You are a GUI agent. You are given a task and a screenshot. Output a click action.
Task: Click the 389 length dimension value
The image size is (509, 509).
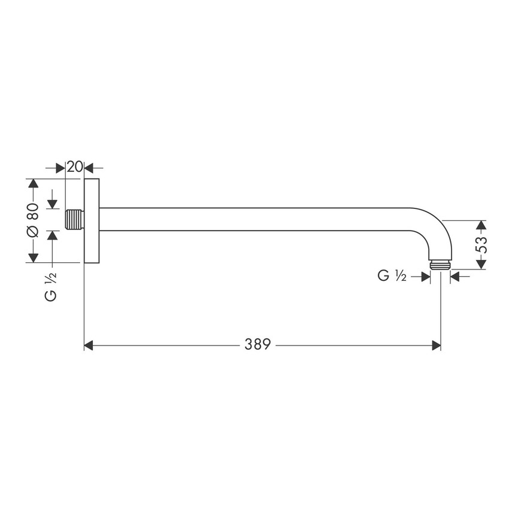coord(257,345)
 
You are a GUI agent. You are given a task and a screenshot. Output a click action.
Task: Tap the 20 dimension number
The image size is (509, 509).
coord(74,167)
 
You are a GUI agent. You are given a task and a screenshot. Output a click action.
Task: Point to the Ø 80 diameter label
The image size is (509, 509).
coord(33,220)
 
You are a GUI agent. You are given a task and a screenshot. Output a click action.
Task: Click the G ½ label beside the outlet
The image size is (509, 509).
coord(392,276)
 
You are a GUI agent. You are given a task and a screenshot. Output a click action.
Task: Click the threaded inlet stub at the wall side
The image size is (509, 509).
coord(74,219)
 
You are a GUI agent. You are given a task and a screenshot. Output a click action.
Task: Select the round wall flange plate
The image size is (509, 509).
coord(91,220)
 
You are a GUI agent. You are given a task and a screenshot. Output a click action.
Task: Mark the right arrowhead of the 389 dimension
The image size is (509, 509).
coord(436,346)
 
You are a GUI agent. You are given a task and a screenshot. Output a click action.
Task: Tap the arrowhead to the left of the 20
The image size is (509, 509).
coord(60,168)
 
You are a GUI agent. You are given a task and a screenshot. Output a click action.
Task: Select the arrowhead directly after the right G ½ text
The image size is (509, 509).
coord(425,276)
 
